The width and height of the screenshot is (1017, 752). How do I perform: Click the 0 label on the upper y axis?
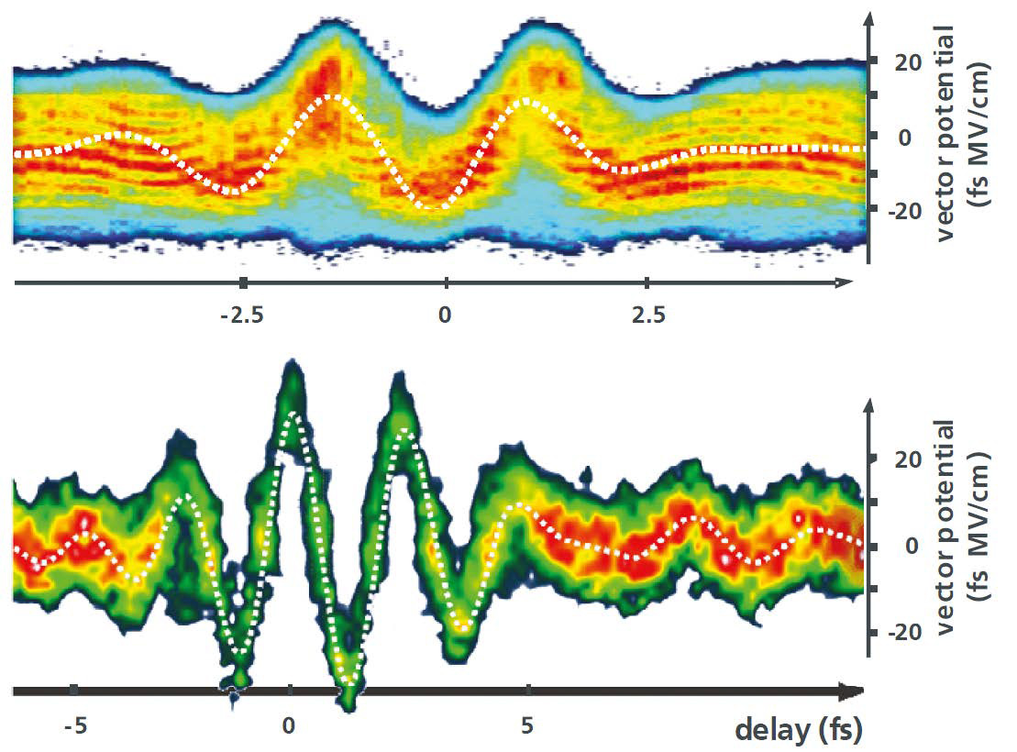(x=900, y=136)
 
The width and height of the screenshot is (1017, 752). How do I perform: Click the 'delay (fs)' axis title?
(x=798, y=730)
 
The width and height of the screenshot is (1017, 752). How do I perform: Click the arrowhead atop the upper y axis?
(x=868, y=17)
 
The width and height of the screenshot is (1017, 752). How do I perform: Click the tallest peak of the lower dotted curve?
(x=292, y=414)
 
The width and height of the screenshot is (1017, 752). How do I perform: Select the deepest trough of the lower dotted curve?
(x=348, y=681)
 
